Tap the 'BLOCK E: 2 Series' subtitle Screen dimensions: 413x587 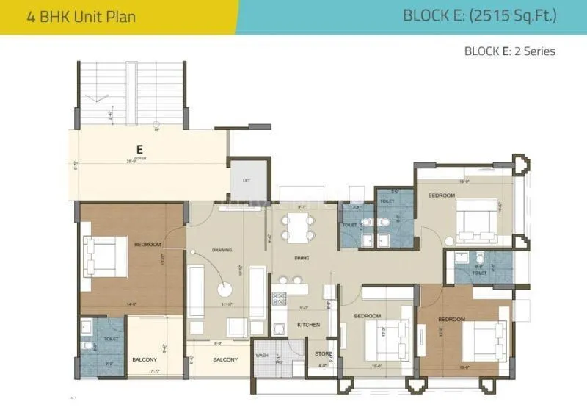pyautogui.click(x=509, y=51)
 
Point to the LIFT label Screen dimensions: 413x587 pyautogui.click(x=247, y=181)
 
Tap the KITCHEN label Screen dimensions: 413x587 pyautogui.click(x=307, y=324)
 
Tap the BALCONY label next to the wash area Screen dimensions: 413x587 pyautogui.click(x=225, y=359)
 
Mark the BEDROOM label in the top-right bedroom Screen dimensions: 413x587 pyautogui.click(x=442, y=195)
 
